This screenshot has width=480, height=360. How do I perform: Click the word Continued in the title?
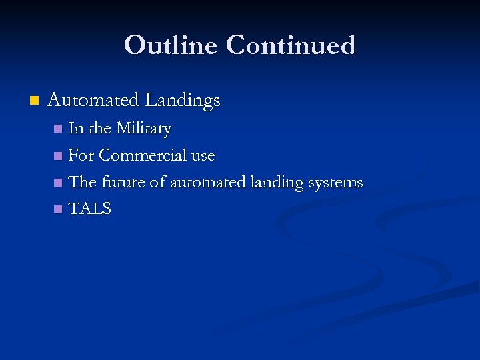291,45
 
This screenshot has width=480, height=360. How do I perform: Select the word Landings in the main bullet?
182,101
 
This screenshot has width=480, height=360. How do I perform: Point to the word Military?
143,129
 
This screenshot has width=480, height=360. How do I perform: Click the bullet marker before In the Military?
58,129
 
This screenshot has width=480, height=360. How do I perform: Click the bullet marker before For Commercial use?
58,156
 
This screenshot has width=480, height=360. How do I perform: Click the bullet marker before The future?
58,183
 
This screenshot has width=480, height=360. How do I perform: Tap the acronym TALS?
90,209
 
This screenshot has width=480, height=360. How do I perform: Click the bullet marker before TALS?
58,209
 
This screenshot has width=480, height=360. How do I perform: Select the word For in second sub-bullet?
81,155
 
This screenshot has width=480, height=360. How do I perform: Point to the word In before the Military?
76,129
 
